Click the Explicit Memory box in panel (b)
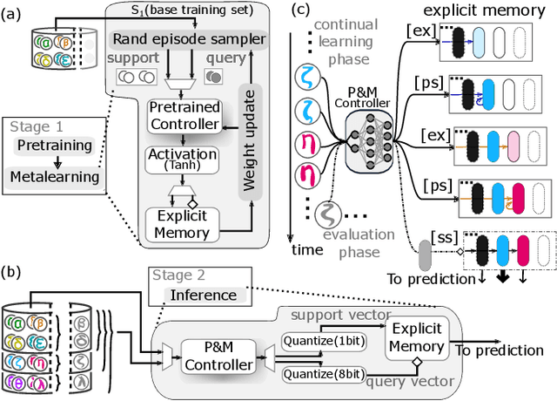pos(415,338)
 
